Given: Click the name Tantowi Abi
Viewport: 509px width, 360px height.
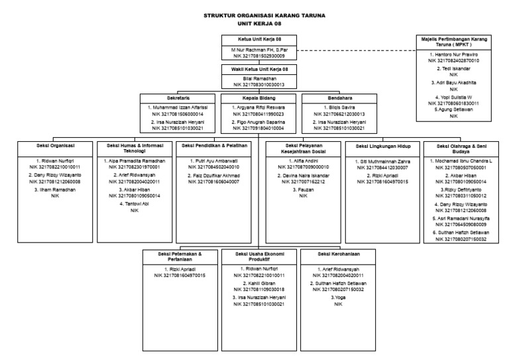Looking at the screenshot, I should click(135, 204).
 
